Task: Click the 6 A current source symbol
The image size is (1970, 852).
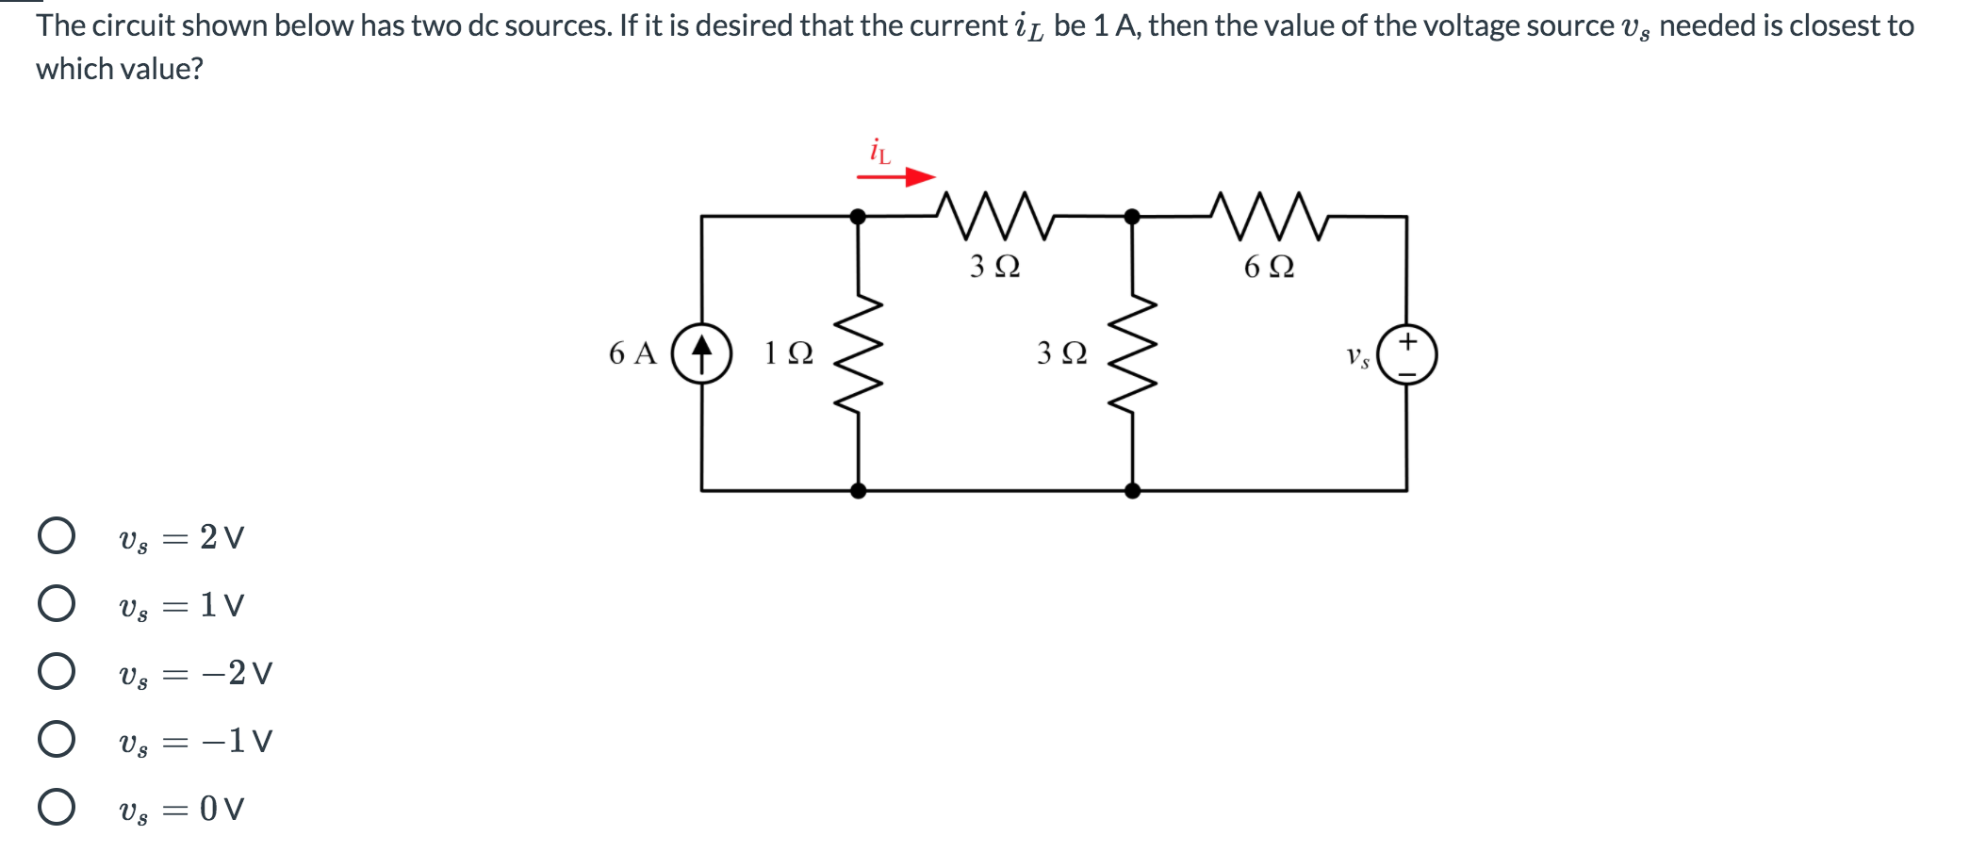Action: pos(701,353)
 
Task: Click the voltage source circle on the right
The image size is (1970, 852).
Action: pos(1407,354)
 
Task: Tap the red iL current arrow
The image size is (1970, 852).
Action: pos(896,176)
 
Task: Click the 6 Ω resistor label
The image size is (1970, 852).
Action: pos(1269,267)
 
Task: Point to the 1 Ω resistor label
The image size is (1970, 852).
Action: pos(788,353)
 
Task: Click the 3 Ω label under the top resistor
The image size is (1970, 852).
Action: pos(994,267)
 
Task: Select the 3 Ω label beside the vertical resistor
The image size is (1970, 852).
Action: pos(1061,353)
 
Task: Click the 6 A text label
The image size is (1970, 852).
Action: pos(632,353)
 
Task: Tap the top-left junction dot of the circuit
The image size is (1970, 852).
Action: pos(858,217)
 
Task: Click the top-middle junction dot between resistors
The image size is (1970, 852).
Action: pos(1132,217)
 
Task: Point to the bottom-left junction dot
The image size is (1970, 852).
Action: pos(858,490)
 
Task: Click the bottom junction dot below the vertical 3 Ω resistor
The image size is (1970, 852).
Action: pos(1132,490)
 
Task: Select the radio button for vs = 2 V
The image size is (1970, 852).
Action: pos(57,535)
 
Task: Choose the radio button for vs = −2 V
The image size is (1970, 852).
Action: pos(57,671)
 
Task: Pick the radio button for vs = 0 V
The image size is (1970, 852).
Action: pos(57,807)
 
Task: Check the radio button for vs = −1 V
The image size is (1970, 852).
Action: pos(57,739)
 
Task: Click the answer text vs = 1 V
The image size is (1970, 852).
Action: pos(181,605)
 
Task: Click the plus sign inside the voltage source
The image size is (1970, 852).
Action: pos(1407,340)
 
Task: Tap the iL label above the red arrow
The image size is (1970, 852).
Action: pos(878,151)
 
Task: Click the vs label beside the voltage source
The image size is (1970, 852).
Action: pos(1357,356)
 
